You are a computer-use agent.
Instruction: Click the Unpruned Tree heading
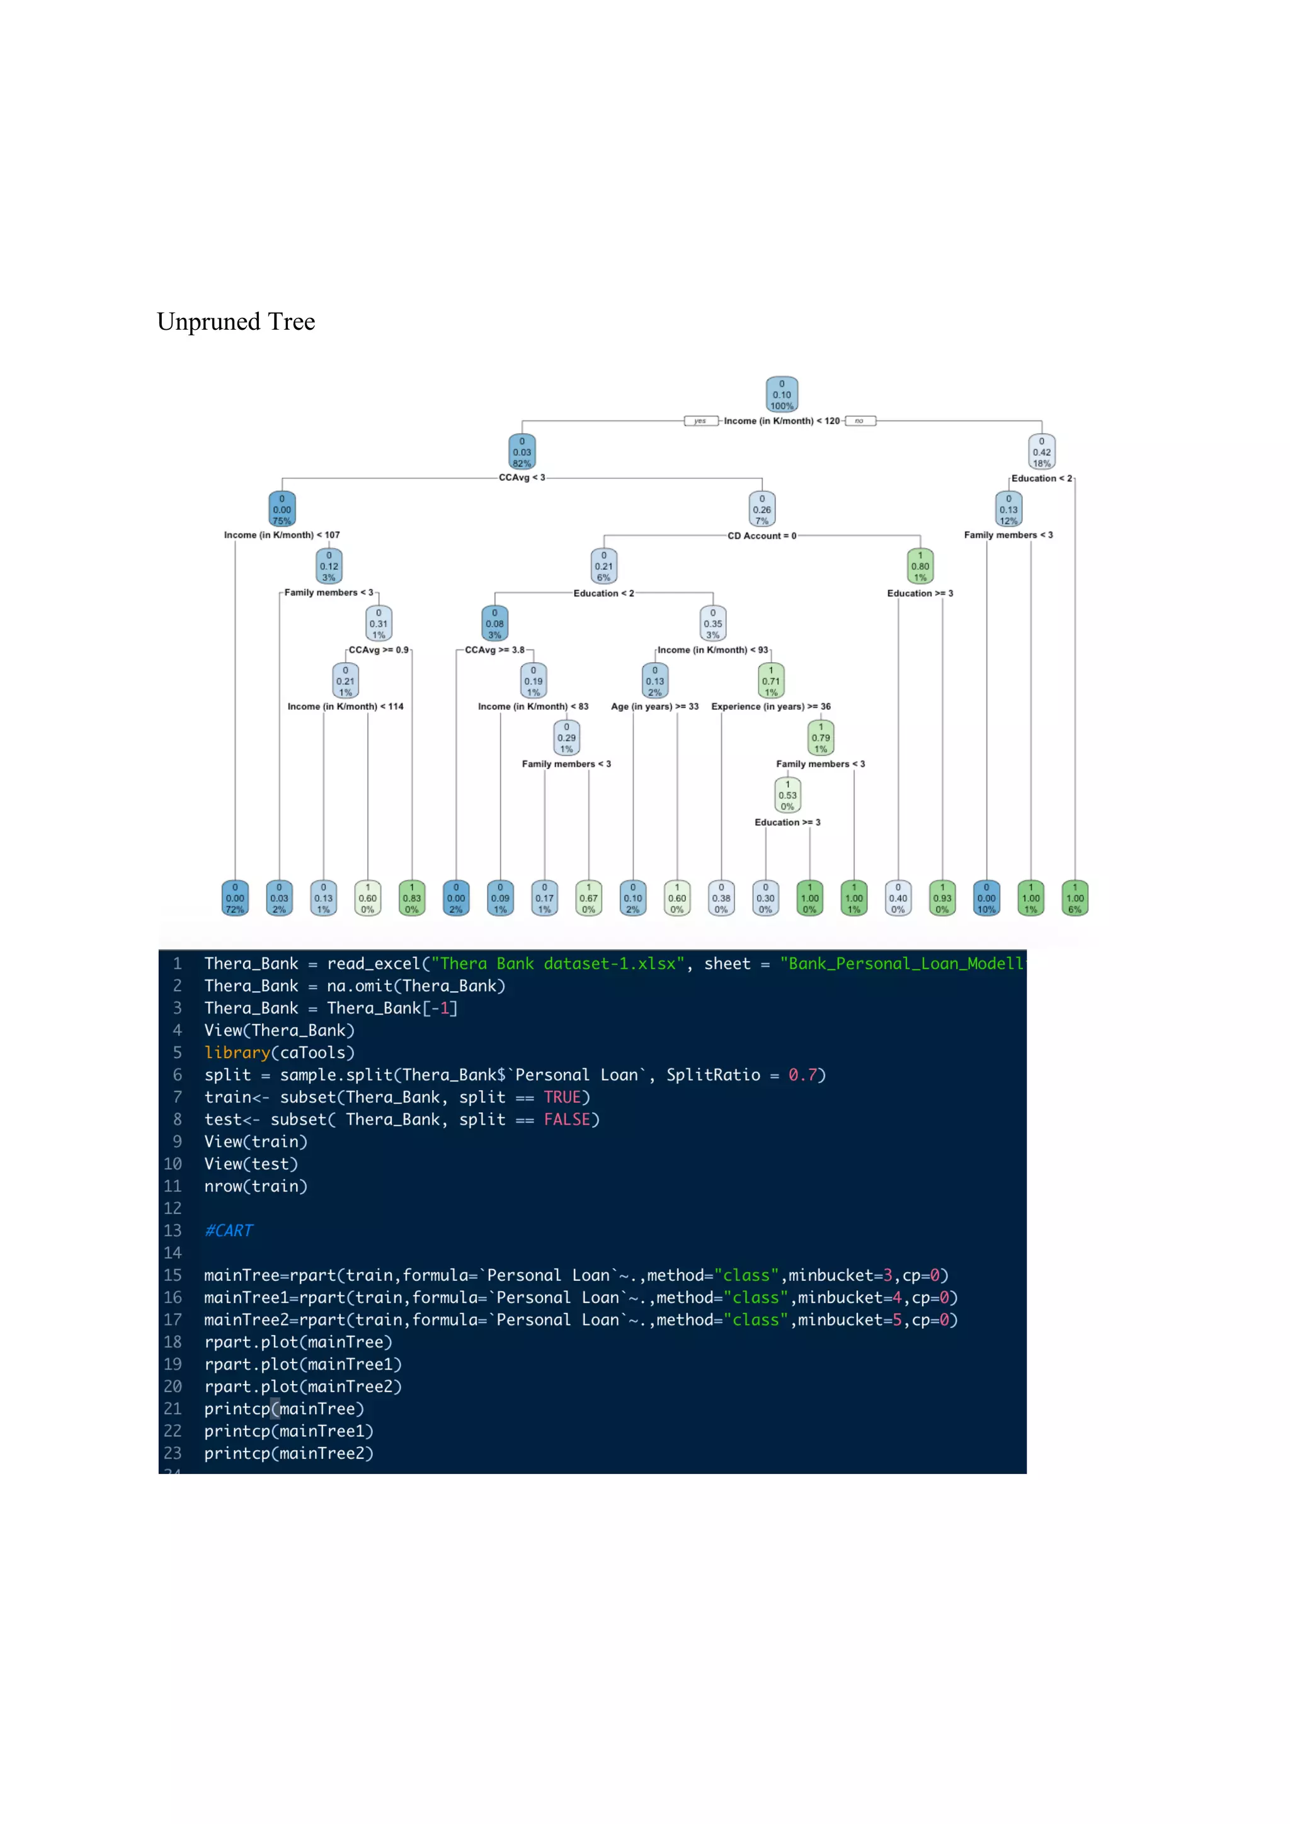click(x=236, y=322)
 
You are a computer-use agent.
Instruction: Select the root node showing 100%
click(x=781, y=395)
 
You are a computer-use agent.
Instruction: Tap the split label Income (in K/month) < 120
click(x=780, y=421)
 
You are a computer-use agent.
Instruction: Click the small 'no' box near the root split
click(x=859, y=421)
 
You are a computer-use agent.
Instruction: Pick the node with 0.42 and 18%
click(x=1041, y=452)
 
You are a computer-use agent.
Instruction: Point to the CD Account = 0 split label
click(x=762, y=536)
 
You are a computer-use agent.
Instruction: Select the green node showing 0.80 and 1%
click(x=920, y=566)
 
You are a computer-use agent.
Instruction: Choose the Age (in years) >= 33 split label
click(x=654, y=707)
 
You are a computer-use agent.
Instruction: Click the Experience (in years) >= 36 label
click(x=770, y=707)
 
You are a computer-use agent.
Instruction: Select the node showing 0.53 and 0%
click(x=787, y=795)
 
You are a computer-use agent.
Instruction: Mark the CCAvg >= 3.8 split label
click(x=494, y=650)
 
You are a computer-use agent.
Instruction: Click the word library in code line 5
click(x=237, y=1052)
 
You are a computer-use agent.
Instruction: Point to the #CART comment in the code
click(x=228, y=1230)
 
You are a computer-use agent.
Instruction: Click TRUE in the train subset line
click(x=562, y=1097)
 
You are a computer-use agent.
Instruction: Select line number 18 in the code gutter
click(x=173, y=1342)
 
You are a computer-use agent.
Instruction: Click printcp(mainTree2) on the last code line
click(x=288, y=1453)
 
